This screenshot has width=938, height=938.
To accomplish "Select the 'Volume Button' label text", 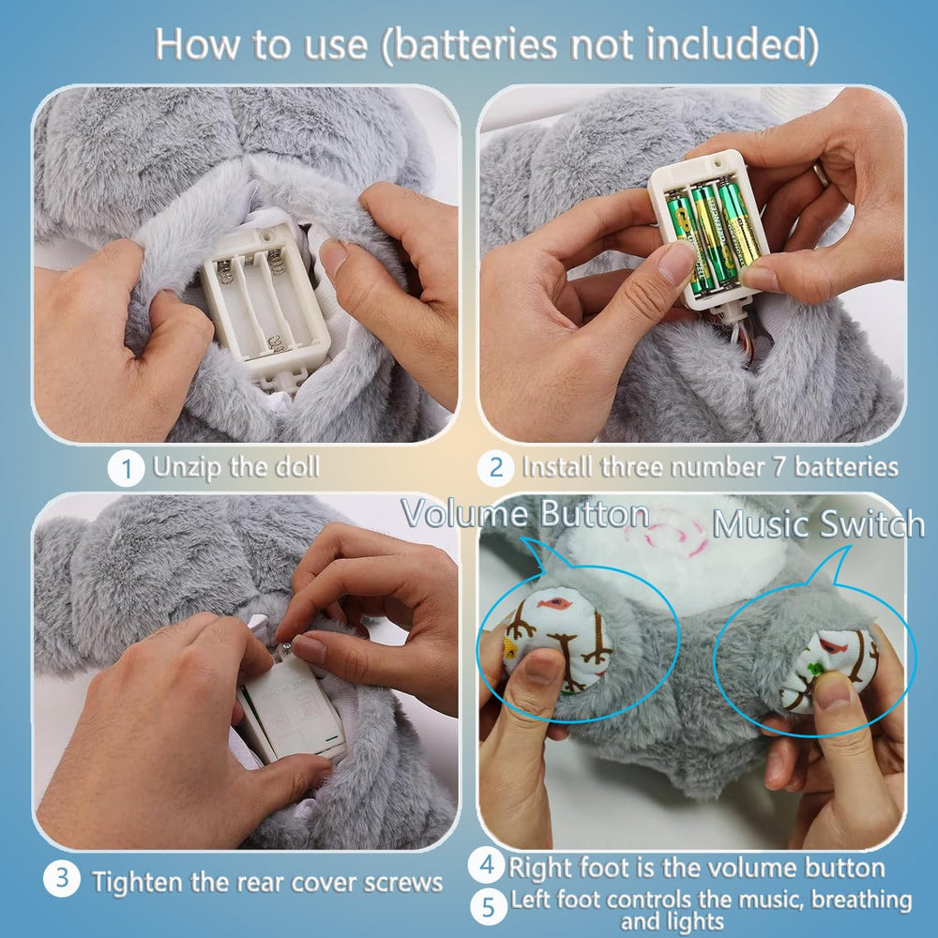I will point(525,515).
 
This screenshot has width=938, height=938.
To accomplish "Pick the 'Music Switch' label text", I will point(819,523).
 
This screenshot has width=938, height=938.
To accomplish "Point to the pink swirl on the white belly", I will point(674,536).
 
